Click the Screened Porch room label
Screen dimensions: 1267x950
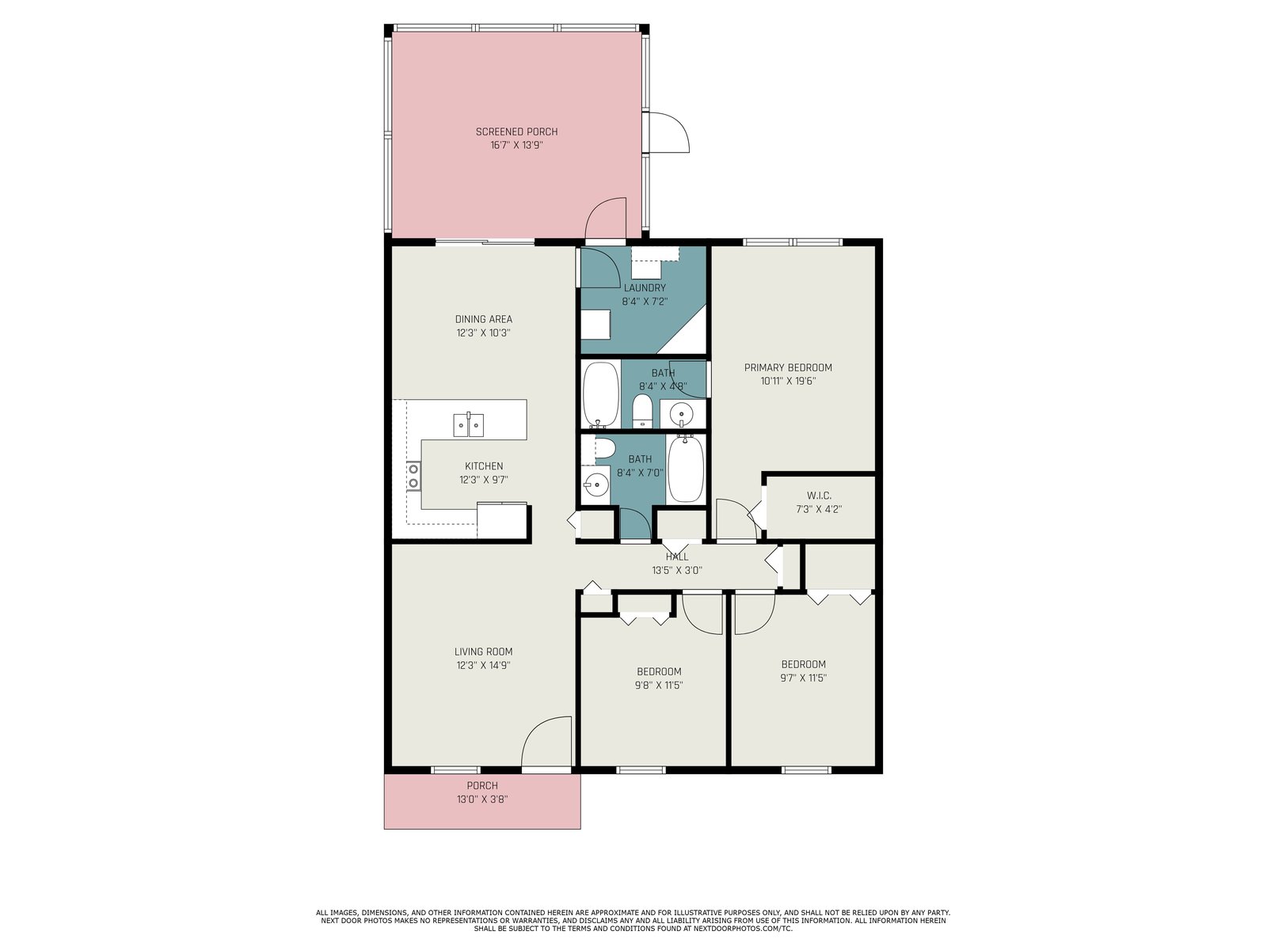(x=516, y=132)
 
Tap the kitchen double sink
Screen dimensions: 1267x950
(x=468, y=424)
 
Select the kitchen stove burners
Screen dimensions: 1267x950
(x=413, y=476)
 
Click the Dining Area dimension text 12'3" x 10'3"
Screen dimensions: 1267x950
(x=484, y=332)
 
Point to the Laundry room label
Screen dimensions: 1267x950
(x=645, y=288)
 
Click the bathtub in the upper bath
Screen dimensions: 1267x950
(x=601, y=395)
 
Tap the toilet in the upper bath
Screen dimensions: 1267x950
(x=642, y=410)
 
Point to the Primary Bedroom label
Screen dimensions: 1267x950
(x=788, y=367)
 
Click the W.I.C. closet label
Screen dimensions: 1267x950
(x=819, y=496)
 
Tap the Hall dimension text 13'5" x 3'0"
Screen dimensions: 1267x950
(x=677, y=571)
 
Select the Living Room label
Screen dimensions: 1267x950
(x=483, y=652)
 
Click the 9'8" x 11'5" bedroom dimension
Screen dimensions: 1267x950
(x=659, y=686)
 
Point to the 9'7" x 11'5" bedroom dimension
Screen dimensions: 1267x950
(x=803, y=678)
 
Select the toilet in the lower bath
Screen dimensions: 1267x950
(x=603, y=449)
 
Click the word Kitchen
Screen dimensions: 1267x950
(x=484, y=466)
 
